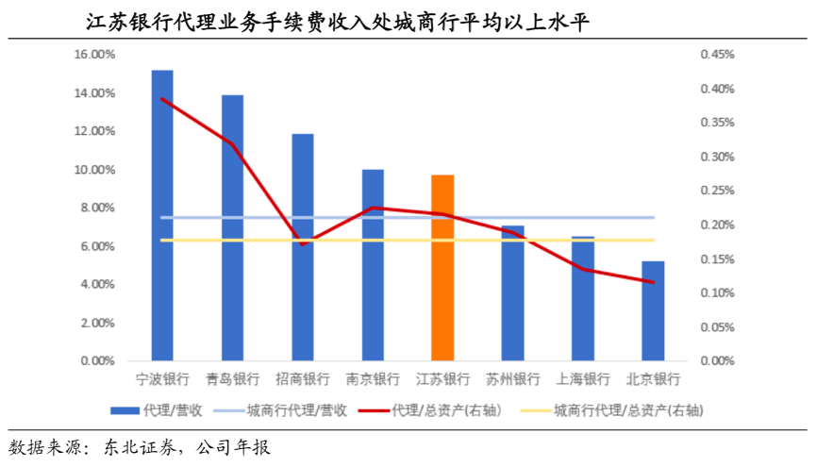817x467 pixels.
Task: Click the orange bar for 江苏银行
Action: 442,268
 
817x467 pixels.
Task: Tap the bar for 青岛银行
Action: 232,227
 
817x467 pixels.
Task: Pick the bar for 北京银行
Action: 653,310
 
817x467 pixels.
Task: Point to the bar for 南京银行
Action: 373,265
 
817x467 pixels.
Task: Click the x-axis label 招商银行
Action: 303,379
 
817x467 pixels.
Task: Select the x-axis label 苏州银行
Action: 513,379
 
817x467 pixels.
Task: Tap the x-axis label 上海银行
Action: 583,379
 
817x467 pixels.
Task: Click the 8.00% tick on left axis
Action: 97,208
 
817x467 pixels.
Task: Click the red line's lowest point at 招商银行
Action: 303,244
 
